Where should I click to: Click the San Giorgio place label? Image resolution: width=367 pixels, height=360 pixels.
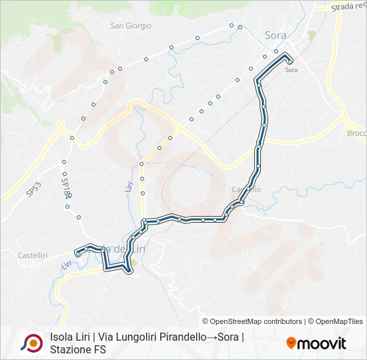pos(131,26)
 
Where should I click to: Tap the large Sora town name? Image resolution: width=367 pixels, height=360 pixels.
pos(276,35)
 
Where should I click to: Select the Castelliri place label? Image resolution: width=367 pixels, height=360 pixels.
pos(32,255)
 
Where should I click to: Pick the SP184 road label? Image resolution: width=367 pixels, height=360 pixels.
pos(65,188)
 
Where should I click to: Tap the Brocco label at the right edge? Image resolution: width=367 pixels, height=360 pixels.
pos(356,133)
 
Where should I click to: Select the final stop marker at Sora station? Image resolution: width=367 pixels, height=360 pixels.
pos(291,62)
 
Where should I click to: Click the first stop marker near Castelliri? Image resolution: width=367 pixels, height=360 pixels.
pos(78,253)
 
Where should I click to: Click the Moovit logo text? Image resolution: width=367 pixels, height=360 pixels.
pos(322,343)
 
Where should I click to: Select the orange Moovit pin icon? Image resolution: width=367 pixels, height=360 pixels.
pos(291,343)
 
